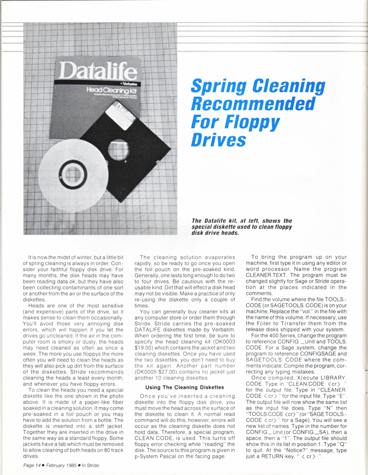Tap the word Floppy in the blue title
[x=252, y=122]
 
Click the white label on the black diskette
[x=117, y=115]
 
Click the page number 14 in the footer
[x=39, y=465]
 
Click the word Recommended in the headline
[x=253, y=104]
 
